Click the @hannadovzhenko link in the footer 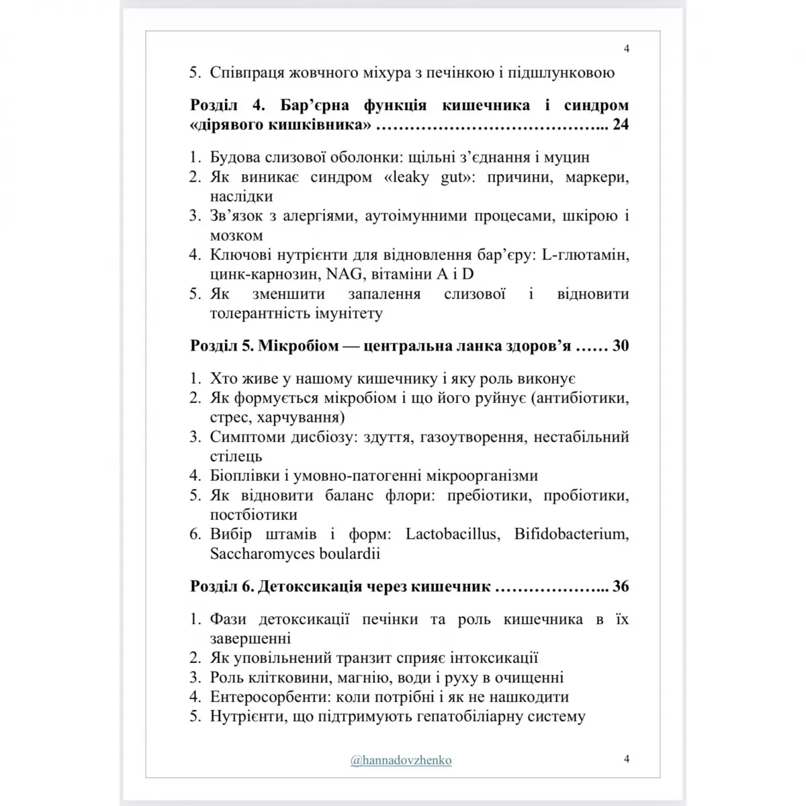(x=401, y=760)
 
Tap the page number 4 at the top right (x=626, y=48)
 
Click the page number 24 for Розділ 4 (x=621, y=125)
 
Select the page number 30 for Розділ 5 (x=621, y=346)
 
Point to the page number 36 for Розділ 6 (x=621, y=586)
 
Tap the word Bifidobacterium (x=571, y=535)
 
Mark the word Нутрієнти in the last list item (x=244, y=716)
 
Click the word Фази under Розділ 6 (x=229, y=619)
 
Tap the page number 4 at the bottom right (x=626, y=759)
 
